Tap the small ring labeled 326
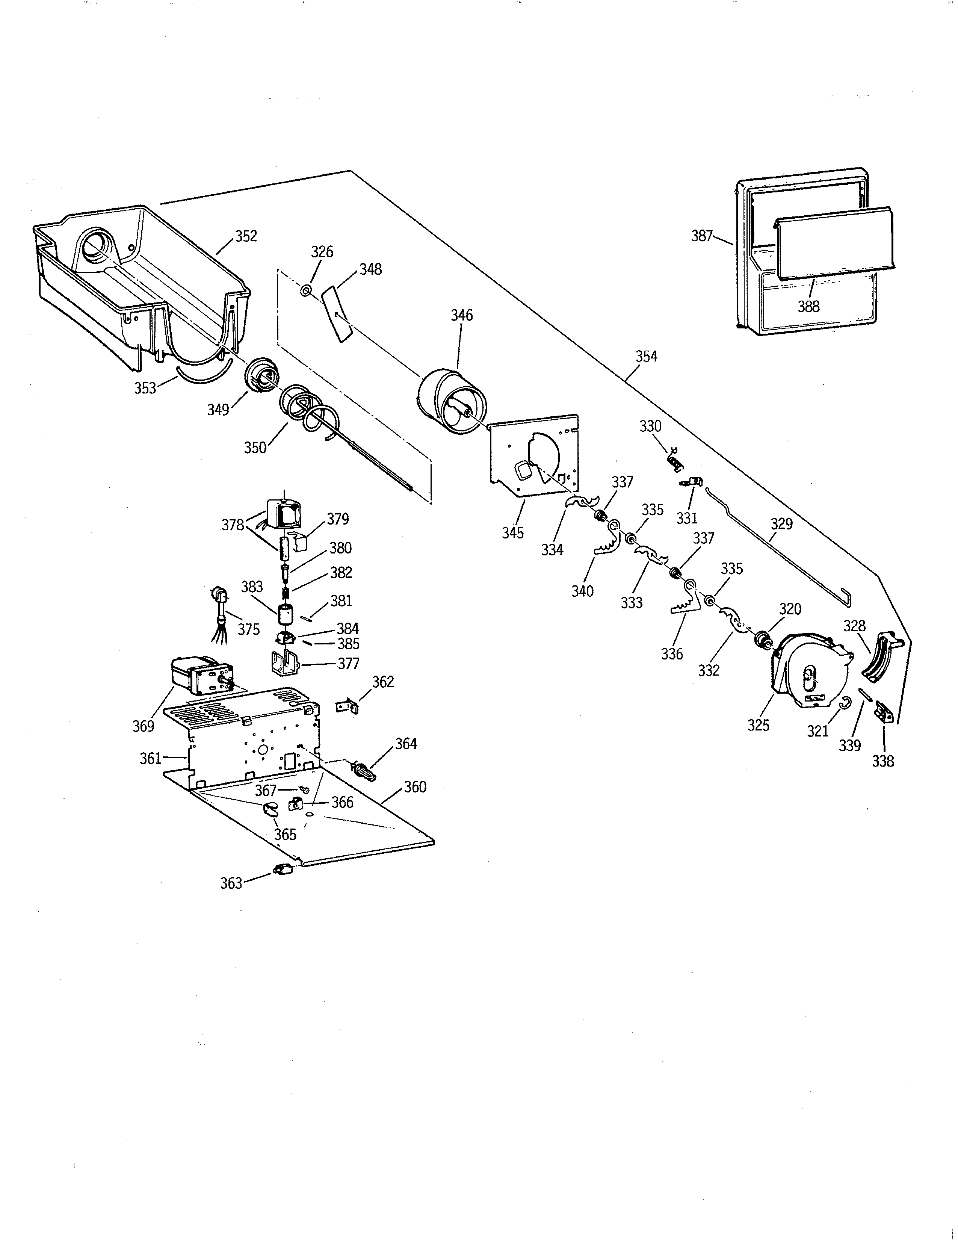point(306,291)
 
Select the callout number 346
point(461,315)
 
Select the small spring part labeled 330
point(674,459)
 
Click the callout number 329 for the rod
point(781,524)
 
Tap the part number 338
point(883,761)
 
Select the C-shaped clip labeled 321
point(845,703)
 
